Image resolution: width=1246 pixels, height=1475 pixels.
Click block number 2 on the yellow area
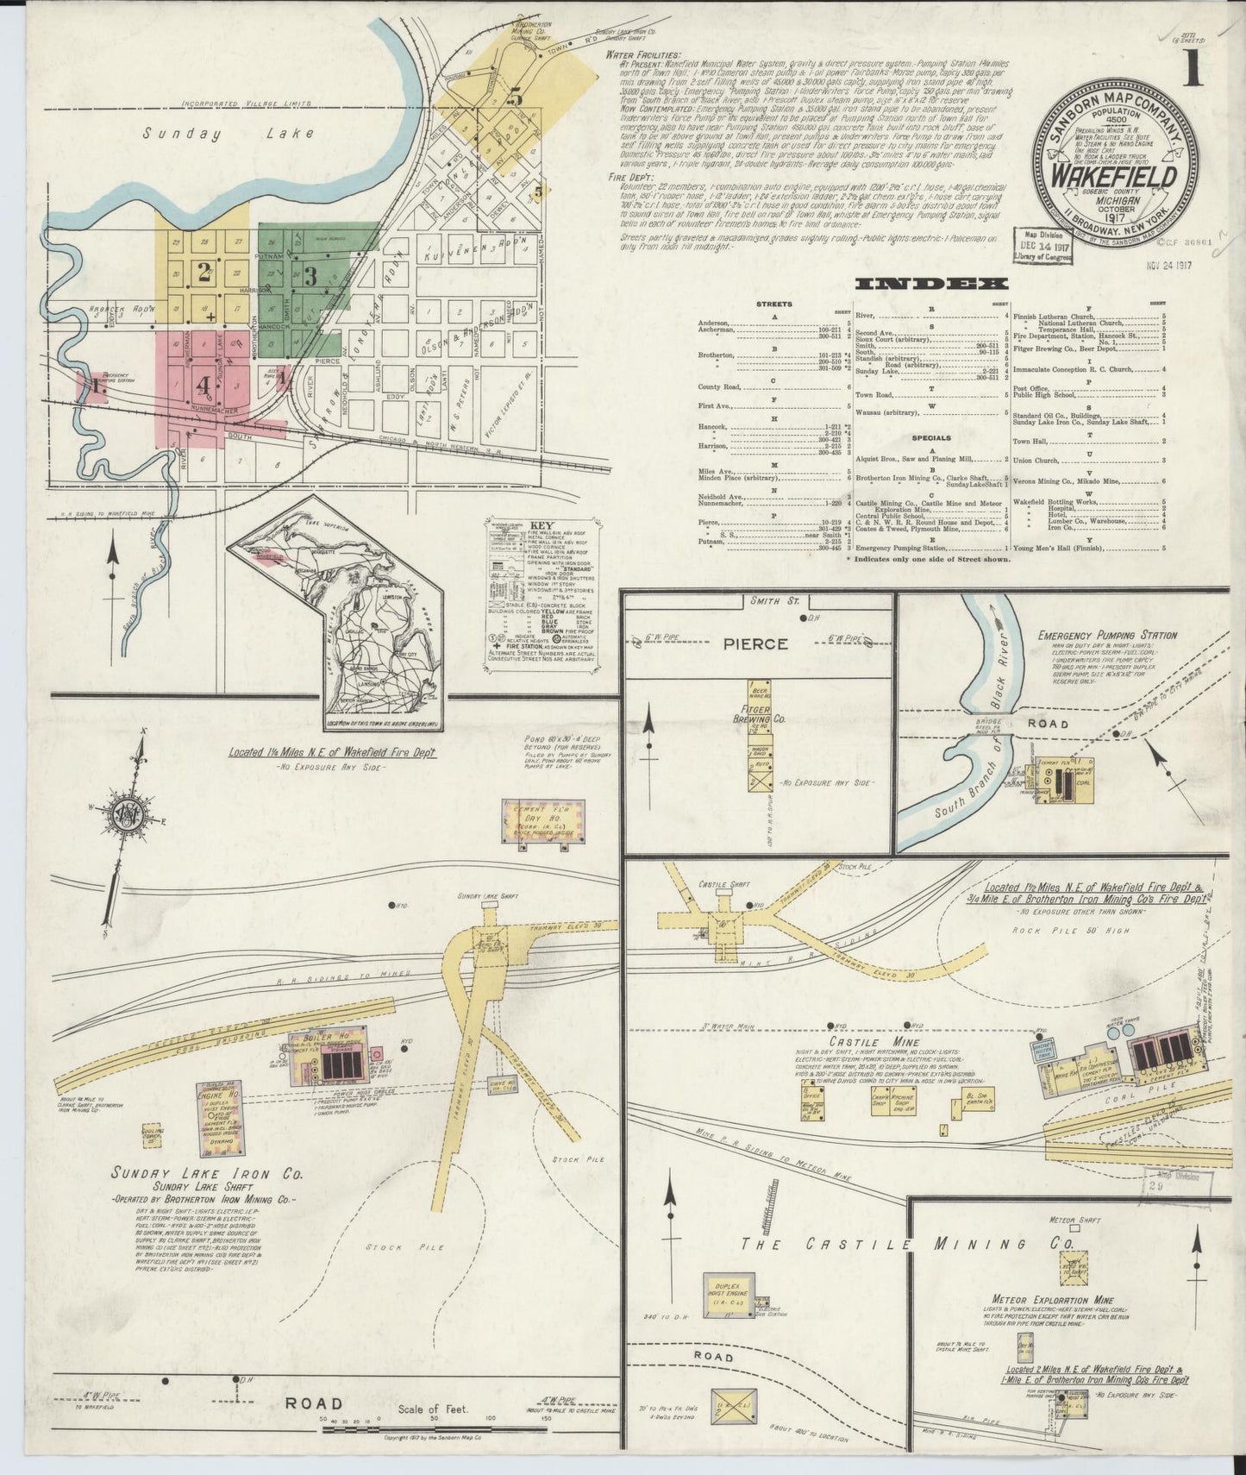pos(204,273)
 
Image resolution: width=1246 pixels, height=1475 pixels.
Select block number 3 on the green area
pos(310,275)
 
